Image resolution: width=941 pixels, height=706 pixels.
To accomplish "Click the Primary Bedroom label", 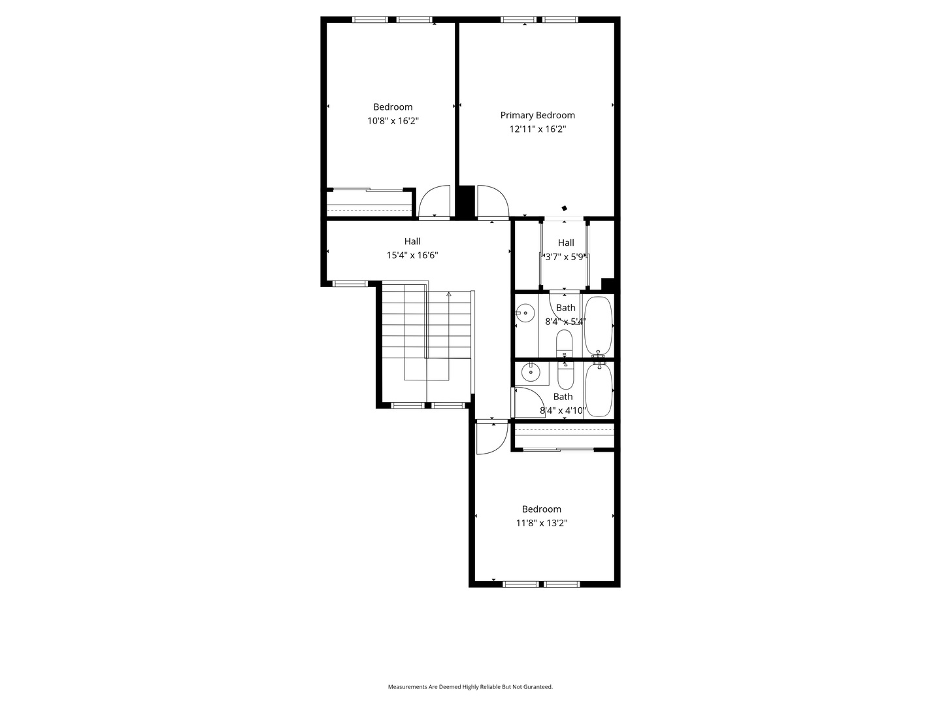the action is tap(537, 115).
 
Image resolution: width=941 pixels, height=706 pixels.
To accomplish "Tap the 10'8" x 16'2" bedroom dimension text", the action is tap(393, 121).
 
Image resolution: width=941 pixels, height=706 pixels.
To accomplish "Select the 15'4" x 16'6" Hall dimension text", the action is tap(412, 256).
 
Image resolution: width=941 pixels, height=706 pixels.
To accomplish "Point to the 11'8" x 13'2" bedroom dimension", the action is tap(542, 523).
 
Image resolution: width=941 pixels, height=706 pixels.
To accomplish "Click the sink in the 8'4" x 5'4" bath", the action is tap(525, 313).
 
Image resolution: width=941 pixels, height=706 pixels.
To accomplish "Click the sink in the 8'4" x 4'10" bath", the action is tap(531, 372).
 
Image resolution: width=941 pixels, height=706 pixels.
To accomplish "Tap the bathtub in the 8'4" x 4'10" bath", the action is tap(599, 390).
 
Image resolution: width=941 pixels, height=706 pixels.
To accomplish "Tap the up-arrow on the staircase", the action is tap(449, 294).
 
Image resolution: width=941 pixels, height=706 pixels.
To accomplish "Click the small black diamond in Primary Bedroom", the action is tap(564, 209).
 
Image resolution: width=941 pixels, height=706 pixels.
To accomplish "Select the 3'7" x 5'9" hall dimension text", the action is tap(564, 257).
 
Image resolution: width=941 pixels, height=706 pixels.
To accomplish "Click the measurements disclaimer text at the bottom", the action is tap(470, 686).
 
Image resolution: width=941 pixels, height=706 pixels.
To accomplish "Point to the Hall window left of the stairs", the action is tap(350, 284).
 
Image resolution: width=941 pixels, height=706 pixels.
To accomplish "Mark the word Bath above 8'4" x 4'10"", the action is tap(563, 397).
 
